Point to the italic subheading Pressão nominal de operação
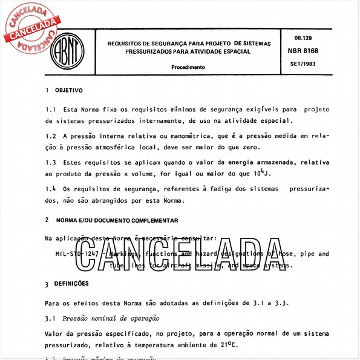(115, 318)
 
